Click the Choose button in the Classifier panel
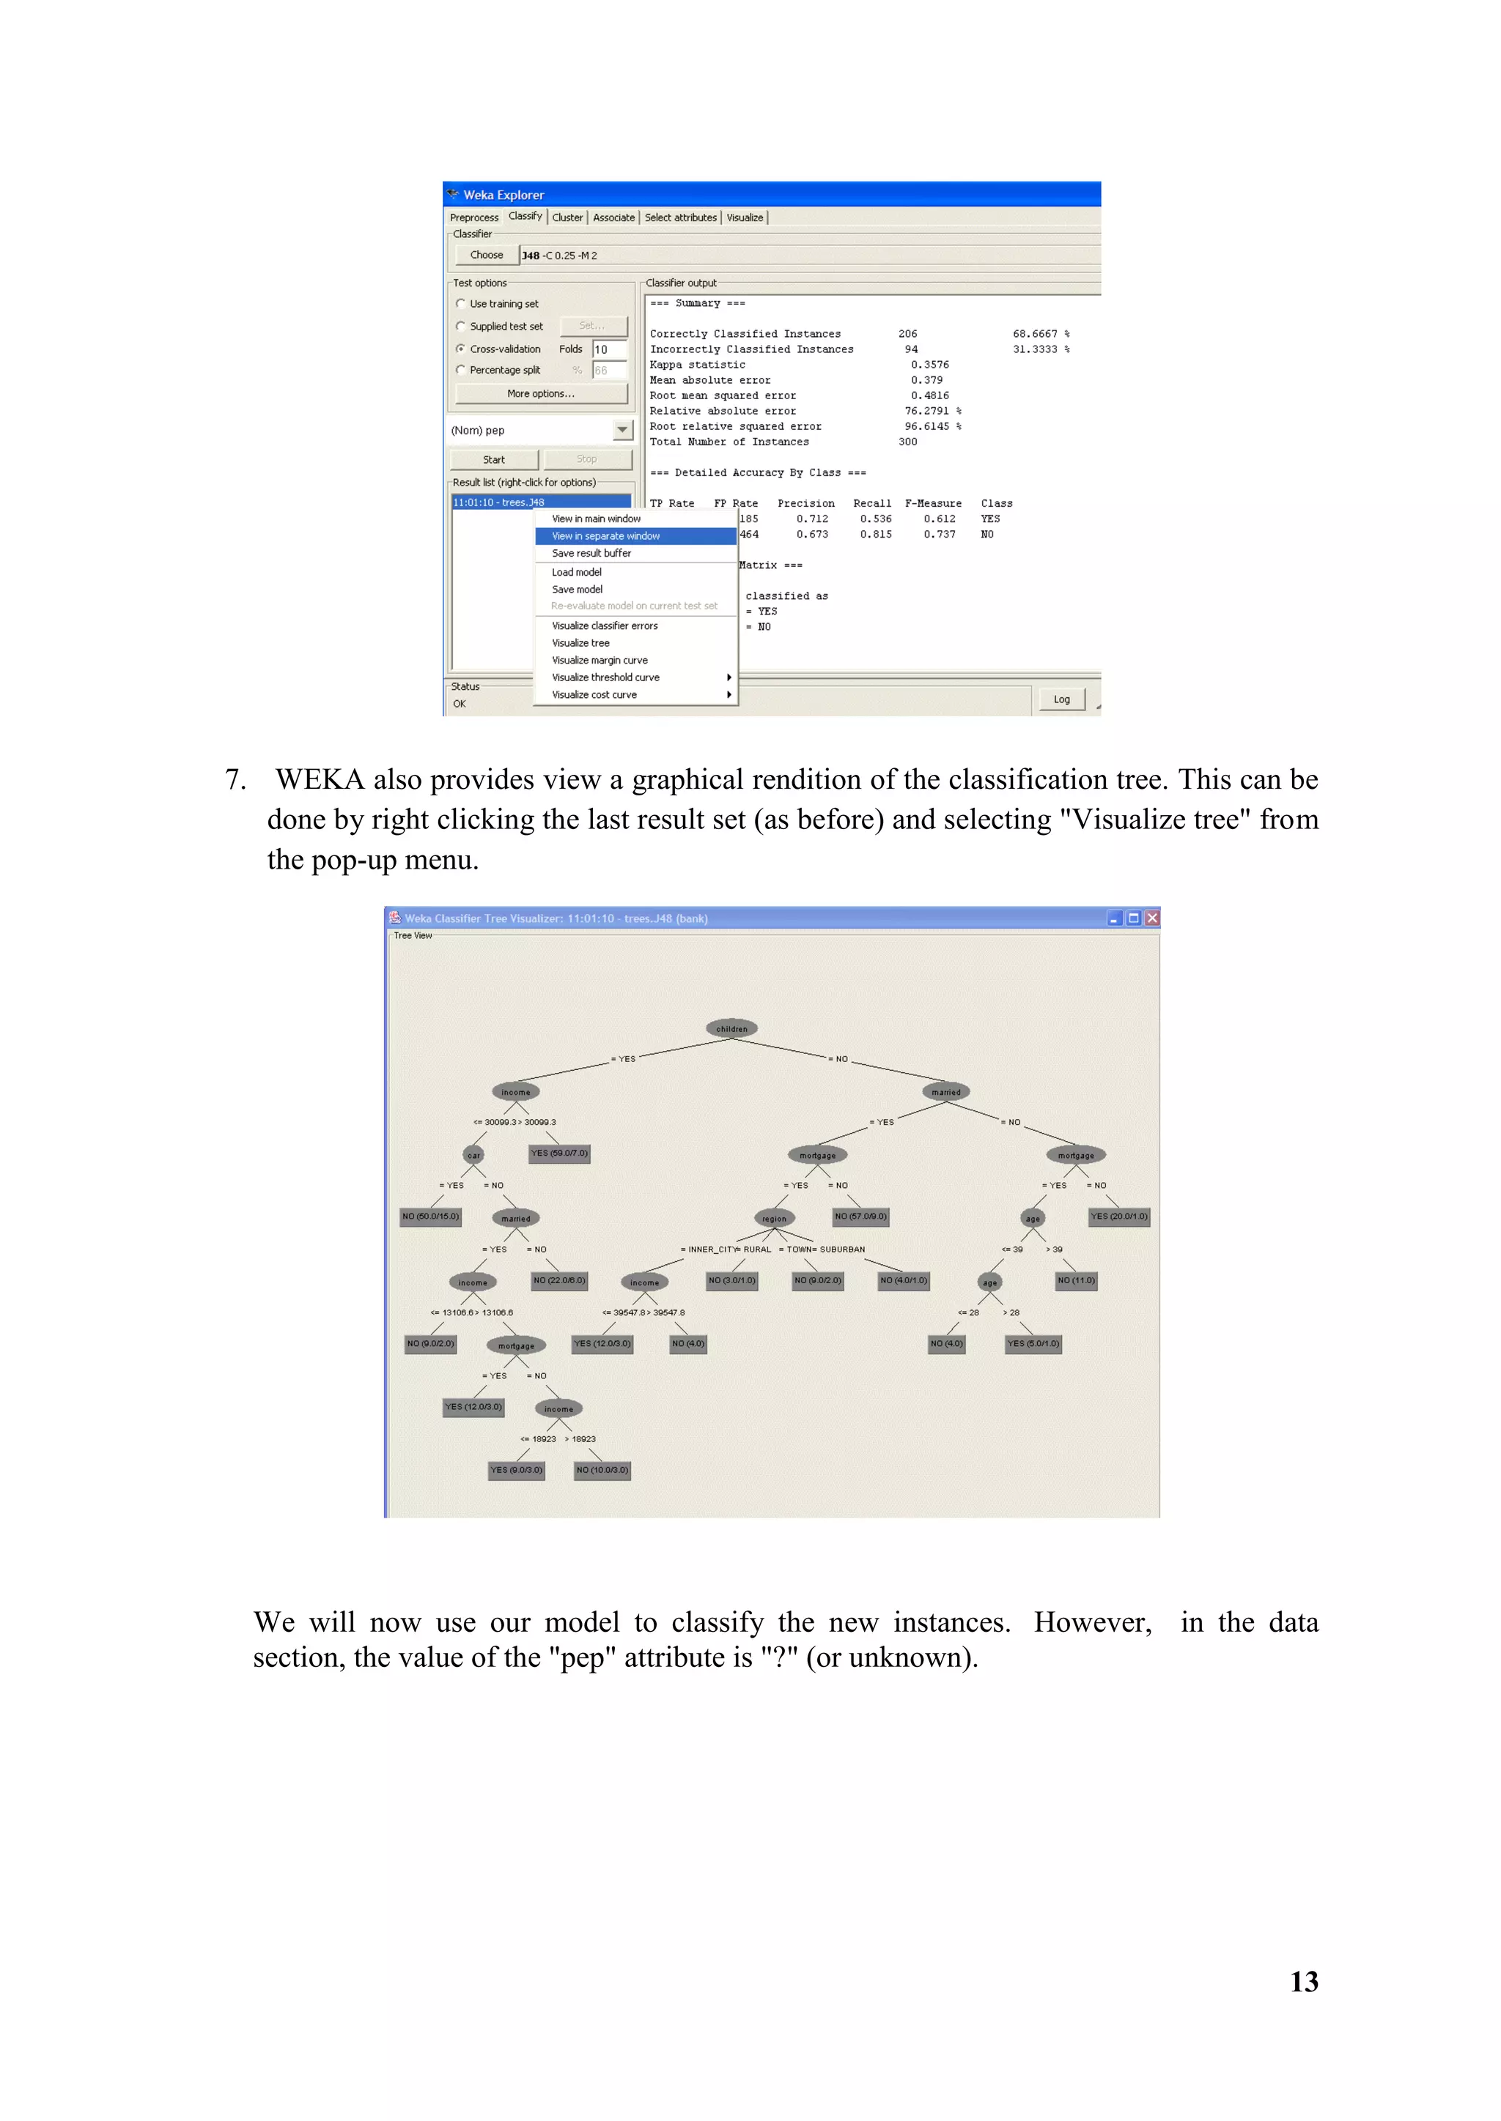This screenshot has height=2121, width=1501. click(486, 255)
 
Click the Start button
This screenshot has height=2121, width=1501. click(493, 460)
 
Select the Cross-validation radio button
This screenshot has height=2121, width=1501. click(461, 349)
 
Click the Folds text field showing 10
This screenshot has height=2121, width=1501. click(609, 349)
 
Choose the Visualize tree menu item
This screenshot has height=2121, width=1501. click(580, 643)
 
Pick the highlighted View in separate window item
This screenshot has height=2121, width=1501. click(605, 536)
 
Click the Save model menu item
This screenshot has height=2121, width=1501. click(577, 590)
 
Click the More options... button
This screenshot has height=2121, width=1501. click(541, 393)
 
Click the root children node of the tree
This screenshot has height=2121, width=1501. click(732, 1029)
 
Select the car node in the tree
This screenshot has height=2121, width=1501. click(473, 1155)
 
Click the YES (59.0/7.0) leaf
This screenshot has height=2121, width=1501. click(559, 1153)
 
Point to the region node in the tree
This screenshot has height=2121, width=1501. click(775, 1219)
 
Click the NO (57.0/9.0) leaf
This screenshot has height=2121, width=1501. click(860, 1216)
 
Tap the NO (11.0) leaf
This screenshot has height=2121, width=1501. click(1076, 1280)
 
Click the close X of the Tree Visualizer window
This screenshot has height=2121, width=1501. click(1151, 918)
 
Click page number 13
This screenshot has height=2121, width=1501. click(1303, 1982)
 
